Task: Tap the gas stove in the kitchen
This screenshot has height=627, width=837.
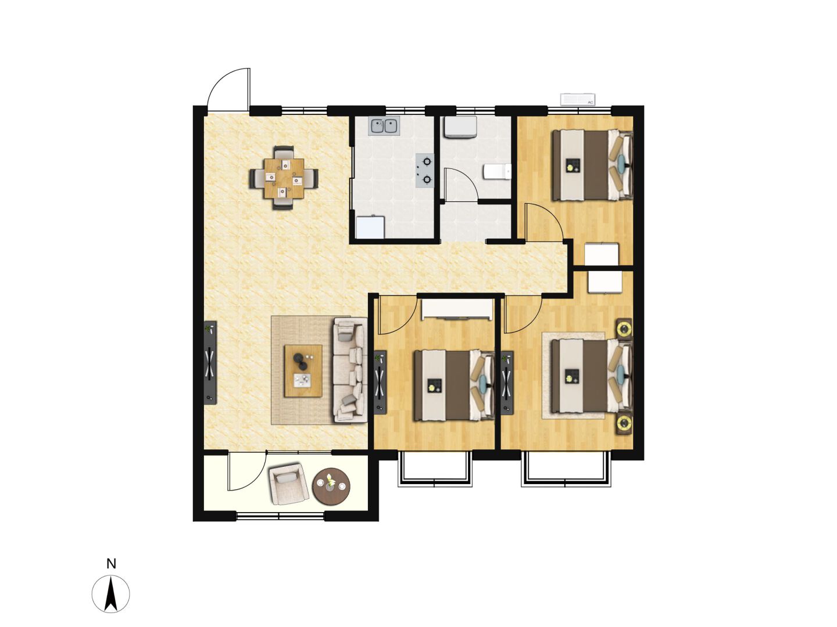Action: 425,170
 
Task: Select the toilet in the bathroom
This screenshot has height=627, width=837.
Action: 497,171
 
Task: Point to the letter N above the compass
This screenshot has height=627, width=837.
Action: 111,563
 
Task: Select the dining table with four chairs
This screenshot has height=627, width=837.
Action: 284,178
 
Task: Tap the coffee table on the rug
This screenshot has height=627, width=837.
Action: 303,371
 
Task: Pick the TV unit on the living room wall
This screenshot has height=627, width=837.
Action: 210,363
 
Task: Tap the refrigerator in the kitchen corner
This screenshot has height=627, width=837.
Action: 370,227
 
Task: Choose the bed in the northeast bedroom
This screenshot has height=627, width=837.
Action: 592,165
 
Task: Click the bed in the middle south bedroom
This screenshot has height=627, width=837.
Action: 454,385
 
